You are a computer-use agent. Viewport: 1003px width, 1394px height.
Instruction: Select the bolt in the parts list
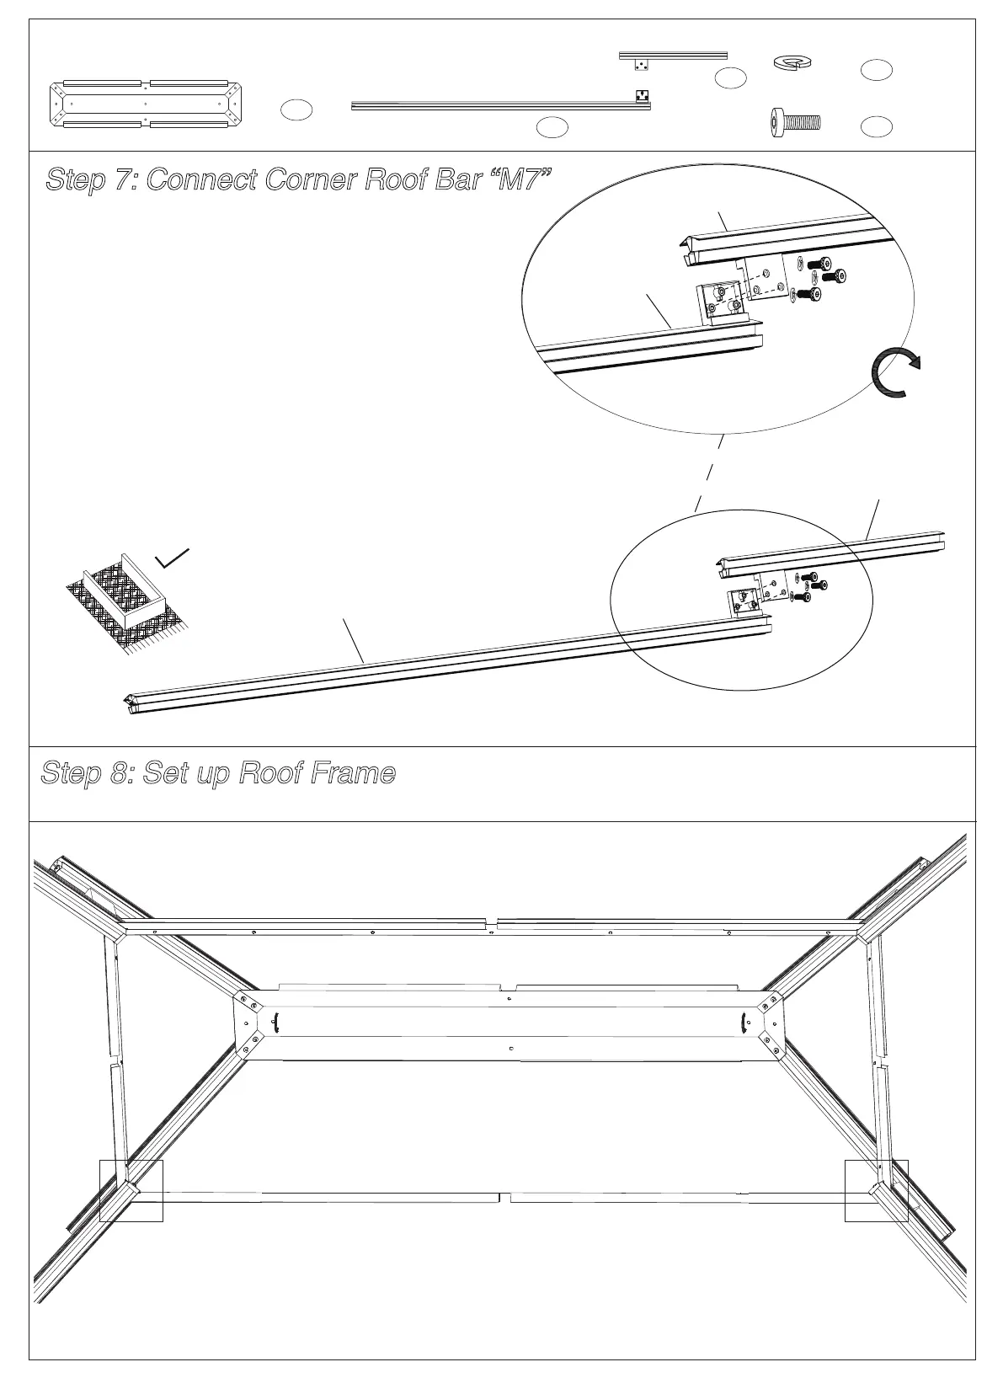(795, 123)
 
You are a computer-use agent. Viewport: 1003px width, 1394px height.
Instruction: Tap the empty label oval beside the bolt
(877, 126)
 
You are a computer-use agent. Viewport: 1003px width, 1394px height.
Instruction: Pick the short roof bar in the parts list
(673, 56)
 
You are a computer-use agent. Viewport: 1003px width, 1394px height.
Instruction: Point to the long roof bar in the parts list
(500, 105)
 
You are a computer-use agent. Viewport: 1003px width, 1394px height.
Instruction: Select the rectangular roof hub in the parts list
(146, 104)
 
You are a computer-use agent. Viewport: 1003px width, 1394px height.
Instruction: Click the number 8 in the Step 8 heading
(119, 772)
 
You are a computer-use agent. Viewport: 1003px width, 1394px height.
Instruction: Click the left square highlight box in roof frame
(131, 1190)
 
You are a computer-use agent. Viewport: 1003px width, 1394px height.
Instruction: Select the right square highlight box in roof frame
(876, 1190)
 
